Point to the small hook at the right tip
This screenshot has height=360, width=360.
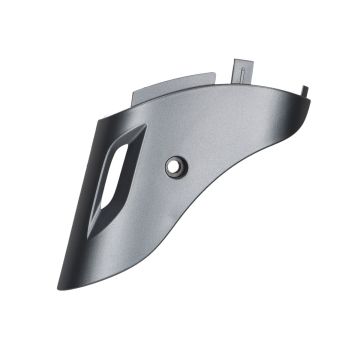305,93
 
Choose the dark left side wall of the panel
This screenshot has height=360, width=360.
90,200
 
